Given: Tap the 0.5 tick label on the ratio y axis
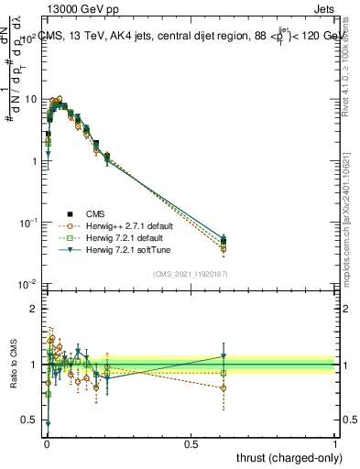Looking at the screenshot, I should point(29,420).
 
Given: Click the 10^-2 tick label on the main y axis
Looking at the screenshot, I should point(27,285).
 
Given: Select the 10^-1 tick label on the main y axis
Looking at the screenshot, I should point(27,223).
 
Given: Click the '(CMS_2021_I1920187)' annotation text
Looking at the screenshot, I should point(191,273).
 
